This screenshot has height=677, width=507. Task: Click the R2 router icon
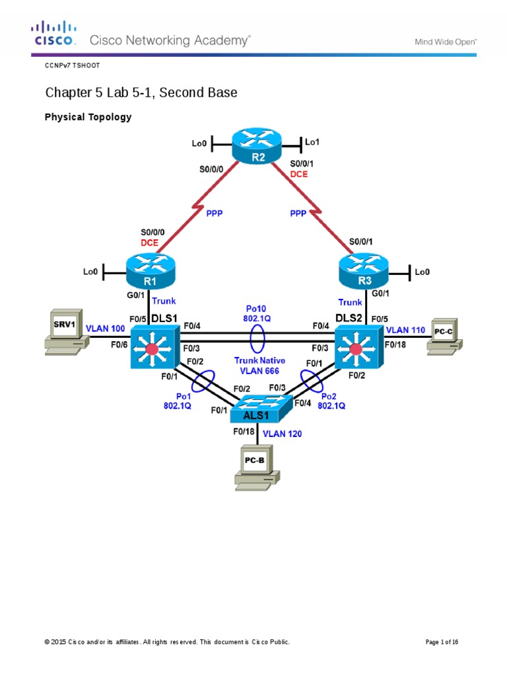(x=257, y=146)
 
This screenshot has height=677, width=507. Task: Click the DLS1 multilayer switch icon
(x=153, y=348)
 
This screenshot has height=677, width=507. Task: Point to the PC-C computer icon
(x=443, y=335)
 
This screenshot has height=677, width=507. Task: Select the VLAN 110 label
(x=406, y=329)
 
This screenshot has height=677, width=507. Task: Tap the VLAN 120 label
(x=283, y=434)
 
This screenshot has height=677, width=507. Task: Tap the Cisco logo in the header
(x=54, y=34)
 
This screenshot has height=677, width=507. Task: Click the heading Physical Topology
(x=88, y=117)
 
